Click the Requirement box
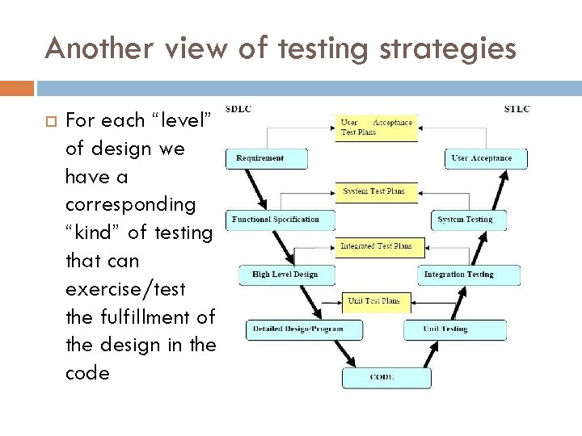pyautogui.click(x=267, y=157)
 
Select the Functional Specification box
pyautogui.click(x=276, y=219)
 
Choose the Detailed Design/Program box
pyautogui.click(x=297, y=329)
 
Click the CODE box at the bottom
pyautogui.click(x=382, y=376)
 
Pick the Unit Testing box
pyautogui.click(x=453, y=329)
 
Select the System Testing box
pyautogui.click(x=464, y=219)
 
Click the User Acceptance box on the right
pyautogui.click(x=487, y=157)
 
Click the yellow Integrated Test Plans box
pyautogui.click(x=377, y=245)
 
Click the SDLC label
pyautogui.click(x=238, y=109)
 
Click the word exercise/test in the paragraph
pyautogui.click(x=133, y=289)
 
